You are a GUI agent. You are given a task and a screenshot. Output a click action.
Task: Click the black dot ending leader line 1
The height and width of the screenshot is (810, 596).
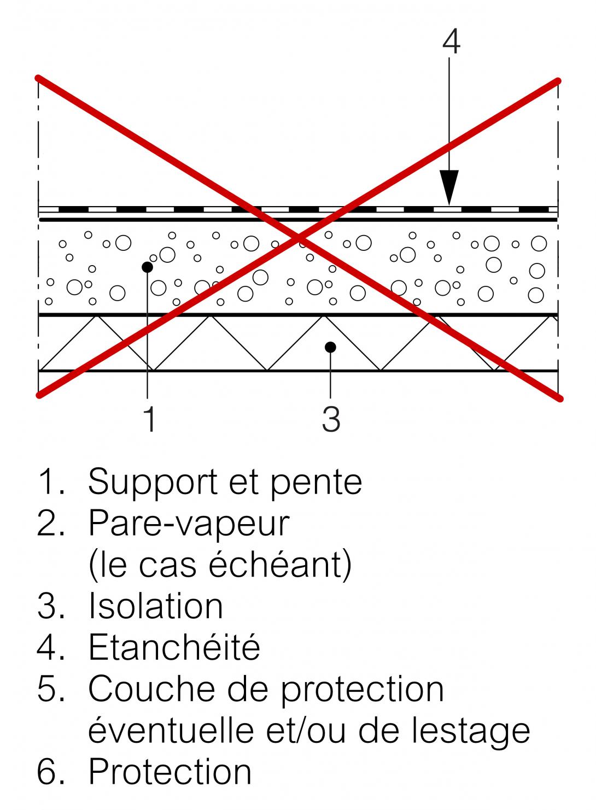point(147,267)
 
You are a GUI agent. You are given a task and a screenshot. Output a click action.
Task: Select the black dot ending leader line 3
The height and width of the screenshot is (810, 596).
point(330,347)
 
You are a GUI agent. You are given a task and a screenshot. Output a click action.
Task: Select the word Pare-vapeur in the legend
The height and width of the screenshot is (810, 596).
point(189,524)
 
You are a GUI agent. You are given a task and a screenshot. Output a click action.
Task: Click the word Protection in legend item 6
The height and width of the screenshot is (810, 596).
point(170,772)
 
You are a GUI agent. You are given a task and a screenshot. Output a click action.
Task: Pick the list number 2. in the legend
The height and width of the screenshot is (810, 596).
point(51,524)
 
